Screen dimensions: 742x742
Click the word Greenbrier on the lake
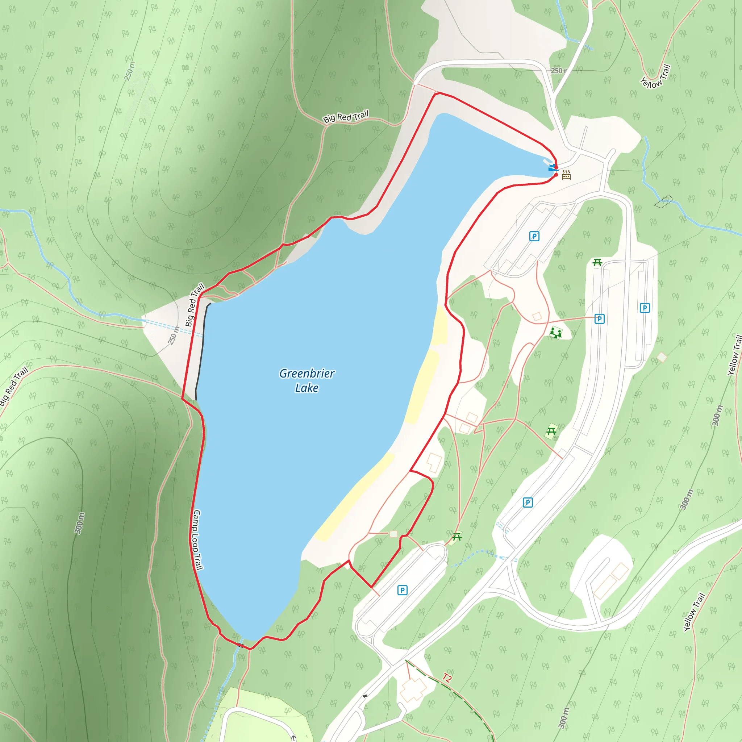tap(307, 373)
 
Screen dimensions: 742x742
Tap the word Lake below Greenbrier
tap(307, 388)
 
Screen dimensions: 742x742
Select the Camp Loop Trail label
tap(197, 539)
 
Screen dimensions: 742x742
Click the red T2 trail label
tap(447, 678)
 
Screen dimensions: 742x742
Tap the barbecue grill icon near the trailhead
tap(566, 175)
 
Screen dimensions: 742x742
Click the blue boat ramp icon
tap(553, 168)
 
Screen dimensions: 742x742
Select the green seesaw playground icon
tap(555, 332)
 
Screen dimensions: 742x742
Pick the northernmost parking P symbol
tap(534, 236)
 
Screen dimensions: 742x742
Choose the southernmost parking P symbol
tap(402, 590)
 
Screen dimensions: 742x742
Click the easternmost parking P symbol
tap(645, 308)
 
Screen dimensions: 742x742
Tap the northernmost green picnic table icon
tap(597, 262)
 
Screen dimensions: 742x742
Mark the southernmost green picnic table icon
tap(457, 537)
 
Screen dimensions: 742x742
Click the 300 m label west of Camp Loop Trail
tap(79, 523)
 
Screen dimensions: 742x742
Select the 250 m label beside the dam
tap(174, 335)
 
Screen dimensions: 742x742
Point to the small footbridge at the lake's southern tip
tap(241, 645)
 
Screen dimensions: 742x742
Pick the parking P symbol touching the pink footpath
tap(599, 318)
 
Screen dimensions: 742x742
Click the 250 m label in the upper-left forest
tap(129, 71)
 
